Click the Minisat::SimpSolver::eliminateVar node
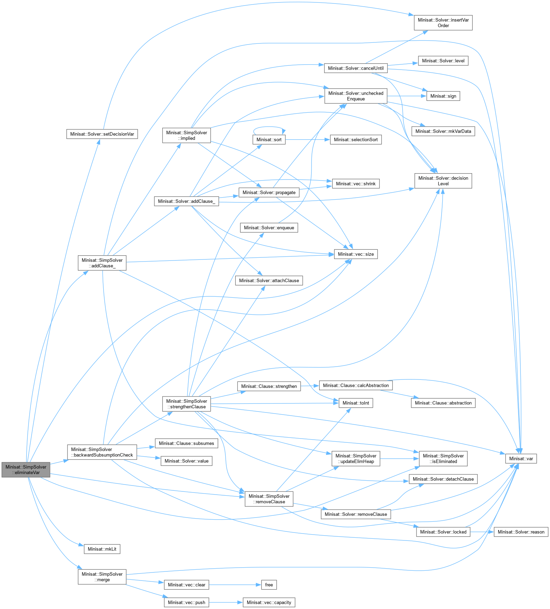(26, 470)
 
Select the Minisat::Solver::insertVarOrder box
(443, 23)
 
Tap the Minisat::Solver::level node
(443, 61)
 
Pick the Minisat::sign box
(443, 96)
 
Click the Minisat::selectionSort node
(356, 139)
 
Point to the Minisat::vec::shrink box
(356, 184)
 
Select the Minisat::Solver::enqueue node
(269, 228)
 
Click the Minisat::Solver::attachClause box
(269, 281)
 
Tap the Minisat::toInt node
(356, 403)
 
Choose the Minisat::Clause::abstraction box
(443, 403)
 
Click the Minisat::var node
(521, 458)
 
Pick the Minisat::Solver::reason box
(521, 532)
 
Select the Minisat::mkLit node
(102, 549)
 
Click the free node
(269, 585)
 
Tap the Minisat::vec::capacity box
(269, 602)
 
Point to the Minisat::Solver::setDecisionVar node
(102, 134)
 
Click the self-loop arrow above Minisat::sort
(269, 127)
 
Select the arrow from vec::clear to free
(235, 585)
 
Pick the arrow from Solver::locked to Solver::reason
(482, 532)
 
